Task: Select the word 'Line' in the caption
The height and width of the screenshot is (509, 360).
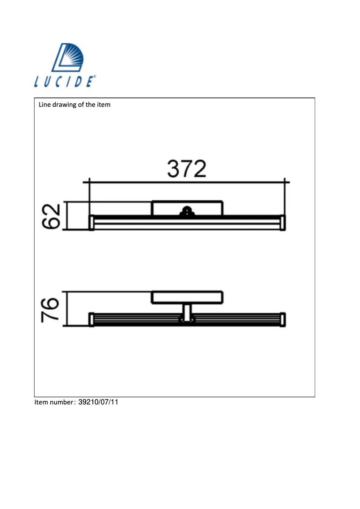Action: [x=45, y=105]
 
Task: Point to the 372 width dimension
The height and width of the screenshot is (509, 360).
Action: [x=187, y=169]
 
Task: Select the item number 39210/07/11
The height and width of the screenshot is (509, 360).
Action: [x=98, y=402]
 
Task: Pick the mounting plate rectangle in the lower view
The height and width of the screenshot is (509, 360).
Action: [x=187, y=298]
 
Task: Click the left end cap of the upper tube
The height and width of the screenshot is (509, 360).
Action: [x=92, y=223]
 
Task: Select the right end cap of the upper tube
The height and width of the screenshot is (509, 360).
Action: [x=283, y=223]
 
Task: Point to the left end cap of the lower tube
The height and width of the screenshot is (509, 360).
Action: [x=92, y=319]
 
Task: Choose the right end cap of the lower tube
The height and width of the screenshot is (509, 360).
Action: [x=283, y=319]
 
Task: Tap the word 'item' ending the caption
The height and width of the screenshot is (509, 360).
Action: [x=104, y=105]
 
